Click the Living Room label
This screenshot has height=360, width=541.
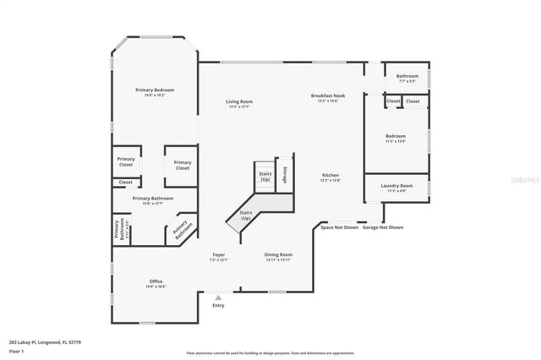click(x=239, y=102)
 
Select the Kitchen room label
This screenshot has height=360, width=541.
click(x=330, y=176)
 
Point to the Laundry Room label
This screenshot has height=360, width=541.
click(x=396, y=185)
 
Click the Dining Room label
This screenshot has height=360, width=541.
click(x=278, y=254)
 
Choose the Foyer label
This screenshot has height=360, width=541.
click(x=218, y=254)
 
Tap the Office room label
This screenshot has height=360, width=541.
click(x=156, y=281)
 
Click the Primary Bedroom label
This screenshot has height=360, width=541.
click(x=155, y=90)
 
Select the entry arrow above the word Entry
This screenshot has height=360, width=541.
click(x=219, y=297)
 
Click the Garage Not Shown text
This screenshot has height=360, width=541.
click(x=384, y=227)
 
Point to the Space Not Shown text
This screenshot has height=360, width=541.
click(x=339, y=227)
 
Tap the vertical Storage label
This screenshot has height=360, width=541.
click(x=285, y=174)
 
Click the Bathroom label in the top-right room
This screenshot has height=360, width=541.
click(x=407, y=76)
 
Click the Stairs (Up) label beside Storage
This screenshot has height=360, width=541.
click(x=265, y=176)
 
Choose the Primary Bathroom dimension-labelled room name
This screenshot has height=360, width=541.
click(x=153, y=198)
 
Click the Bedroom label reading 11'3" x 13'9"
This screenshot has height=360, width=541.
click(x=396, y=136)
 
